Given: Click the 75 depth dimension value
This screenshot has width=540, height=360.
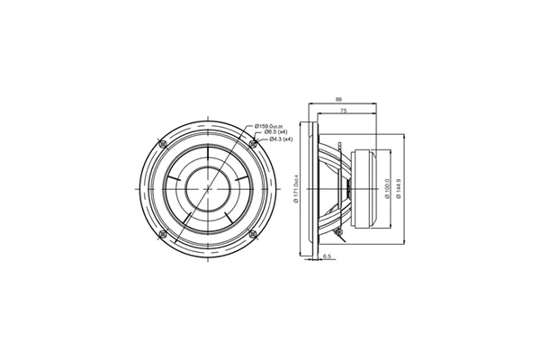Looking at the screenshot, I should pyautogui.click(x=345, y=110).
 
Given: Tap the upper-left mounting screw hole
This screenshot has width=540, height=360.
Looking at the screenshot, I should pyautogui.click(x=162, y=143).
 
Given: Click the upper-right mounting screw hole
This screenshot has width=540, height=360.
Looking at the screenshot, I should pyautogui.click(x=253, y=143).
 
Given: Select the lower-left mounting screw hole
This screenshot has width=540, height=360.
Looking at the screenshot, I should pyautogui.click(x=162, y=233).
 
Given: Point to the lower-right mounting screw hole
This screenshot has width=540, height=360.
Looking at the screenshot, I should pyautogui.click(x=253, y=233).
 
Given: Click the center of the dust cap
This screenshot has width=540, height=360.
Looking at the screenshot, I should pyautogui.click(x=208, y=188).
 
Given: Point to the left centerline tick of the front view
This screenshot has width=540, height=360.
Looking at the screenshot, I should pyautogui.click(x=137, y=188).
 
